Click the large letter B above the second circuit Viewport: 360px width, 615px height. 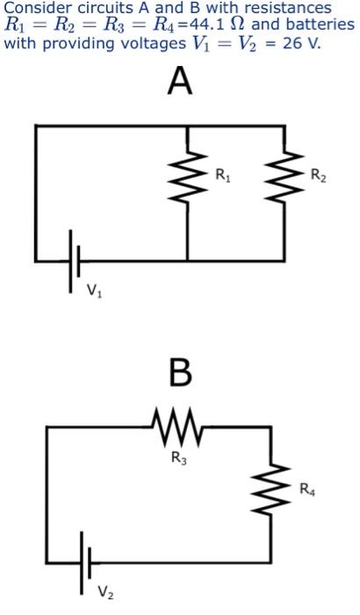[x=179, y=373]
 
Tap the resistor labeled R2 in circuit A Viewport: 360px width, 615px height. [x=283, y=178]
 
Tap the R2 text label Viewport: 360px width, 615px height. [x=318, y=178]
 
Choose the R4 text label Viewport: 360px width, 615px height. [x=306, y=488]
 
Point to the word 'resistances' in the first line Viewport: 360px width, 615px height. [x=289, y=8]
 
